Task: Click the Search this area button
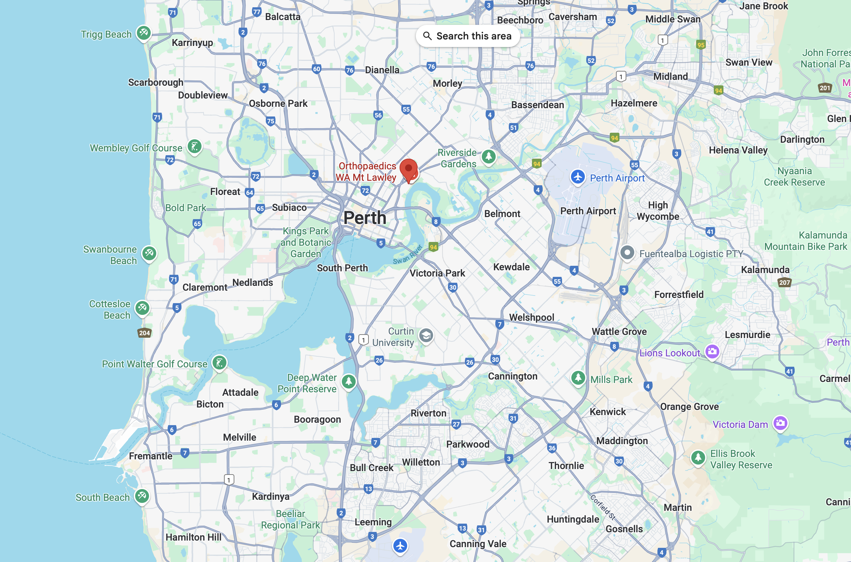point(467,36)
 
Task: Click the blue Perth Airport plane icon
point(578,177)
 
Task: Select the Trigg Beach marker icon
point(144,33)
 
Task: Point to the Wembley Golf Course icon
point(195,147)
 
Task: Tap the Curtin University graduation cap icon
point(426,336)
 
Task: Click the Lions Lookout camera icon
point(712,351)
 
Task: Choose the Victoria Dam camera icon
point(780,423)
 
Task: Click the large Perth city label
point(365,218)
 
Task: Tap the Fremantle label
point(151,456)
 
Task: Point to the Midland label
point(670,76)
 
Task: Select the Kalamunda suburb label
point(765,270)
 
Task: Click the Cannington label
point(513,376)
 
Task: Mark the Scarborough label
point(156,83)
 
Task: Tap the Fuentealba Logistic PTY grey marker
point(627,253)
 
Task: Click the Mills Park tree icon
point(578,378)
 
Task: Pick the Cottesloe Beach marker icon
point(142,308)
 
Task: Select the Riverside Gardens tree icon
point(488,156)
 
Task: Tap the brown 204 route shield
point(144,333)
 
